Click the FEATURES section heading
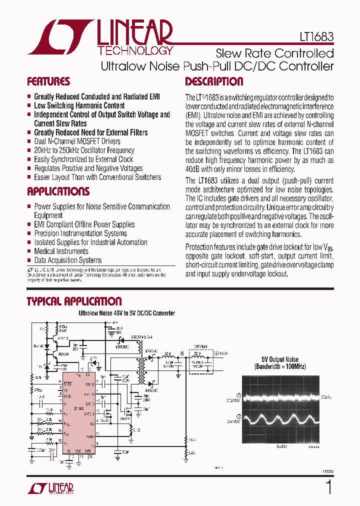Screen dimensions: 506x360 [x=48, y=81]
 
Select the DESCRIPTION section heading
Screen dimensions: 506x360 [x=214, y=81]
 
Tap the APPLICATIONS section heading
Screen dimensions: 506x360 [x=58, y=191]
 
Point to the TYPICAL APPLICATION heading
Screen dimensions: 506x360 [x=74, y=301]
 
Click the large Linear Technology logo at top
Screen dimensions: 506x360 [x=100, y=37]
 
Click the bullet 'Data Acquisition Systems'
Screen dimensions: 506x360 [x=67, y=260]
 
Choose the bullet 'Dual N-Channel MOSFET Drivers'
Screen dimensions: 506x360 [x=77, y=141]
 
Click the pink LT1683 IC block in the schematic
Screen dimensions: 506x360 [x=77, y=410]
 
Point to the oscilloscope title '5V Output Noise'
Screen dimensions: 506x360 [x=279, y=359]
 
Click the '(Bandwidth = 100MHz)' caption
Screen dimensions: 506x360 [x=279, y=366]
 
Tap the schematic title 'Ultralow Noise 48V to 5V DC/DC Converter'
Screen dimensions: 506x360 [x=126, y=313]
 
